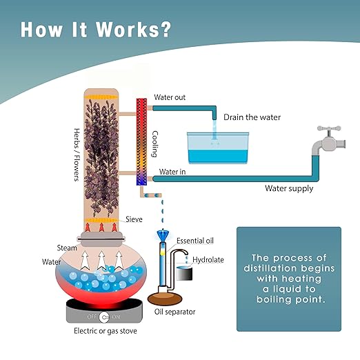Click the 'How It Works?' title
96,30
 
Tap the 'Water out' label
170,97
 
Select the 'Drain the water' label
252,117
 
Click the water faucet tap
329,140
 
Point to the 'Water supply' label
289,188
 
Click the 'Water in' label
172,172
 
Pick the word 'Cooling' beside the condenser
155,144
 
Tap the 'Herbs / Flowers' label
77,154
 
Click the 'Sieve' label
134,219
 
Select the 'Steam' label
67,248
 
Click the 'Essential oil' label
195,241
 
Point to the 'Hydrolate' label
208,260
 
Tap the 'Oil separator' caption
174,312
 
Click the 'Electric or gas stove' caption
106,331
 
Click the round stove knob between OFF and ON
104,317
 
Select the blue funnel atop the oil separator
163,235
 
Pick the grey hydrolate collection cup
184,273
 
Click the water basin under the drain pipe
218,148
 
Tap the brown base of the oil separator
165,299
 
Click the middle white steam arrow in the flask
101,260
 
